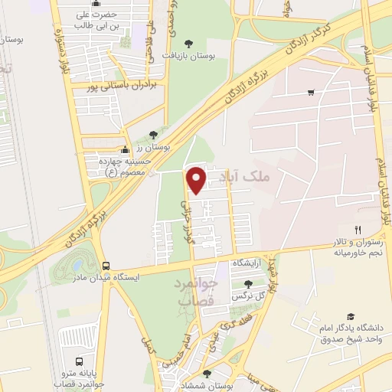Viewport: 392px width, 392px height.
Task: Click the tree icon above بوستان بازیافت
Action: (x=189, y=43)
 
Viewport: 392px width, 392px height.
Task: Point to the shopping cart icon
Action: (x=311, y=93)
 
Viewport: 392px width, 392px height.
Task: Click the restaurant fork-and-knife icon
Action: (x=357, y=229)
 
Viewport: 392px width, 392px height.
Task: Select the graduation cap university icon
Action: (x=351, y=317)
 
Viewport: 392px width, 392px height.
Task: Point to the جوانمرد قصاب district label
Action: (x=198, y=292)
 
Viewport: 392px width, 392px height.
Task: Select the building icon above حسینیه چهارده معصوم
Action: (x=125, y=150)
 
